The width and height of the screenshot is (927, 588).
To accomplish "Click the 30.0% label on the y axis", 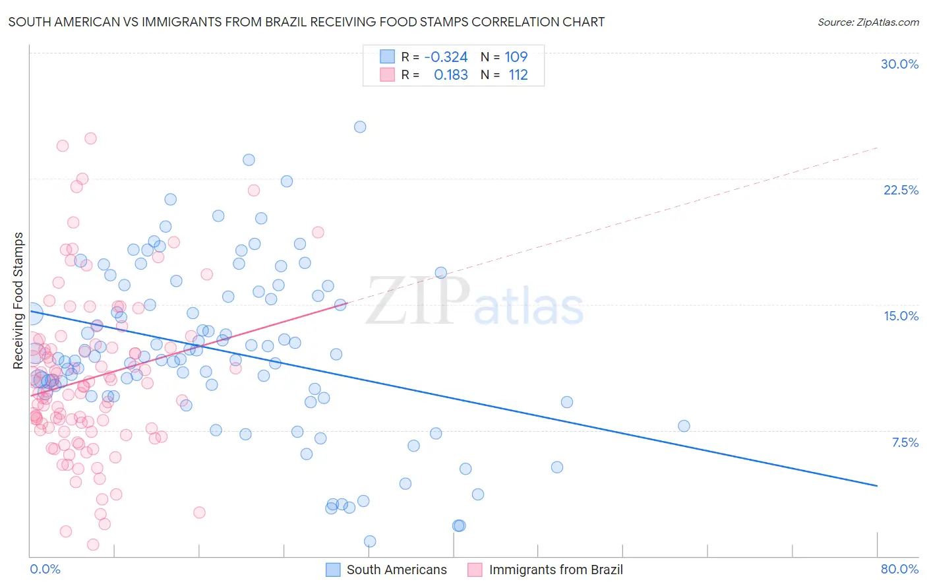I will pos(899,64).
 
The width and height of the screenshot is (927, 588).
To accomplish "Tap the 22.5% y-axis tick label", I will pos(901,190).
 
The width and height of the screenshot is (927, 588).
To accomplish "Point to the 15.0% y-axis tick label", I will pos(901,316).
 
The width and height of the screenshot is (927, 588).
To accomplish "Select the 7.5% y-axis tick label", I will pos(905,442).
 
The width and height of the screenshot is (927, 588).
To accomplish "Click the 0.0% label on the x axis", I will pos(45,569).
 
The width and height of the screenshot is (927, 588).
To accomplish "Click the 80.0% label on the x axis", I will pos(899,569).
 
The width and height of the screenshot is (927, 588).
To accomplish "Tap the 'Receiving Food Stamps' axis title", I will pos(18,301).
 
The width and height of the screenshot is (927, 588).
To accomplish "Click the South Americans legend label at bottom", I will pos(396,570).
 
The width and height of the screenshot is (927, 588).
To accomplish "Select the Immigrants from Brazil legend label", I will pos(555,570).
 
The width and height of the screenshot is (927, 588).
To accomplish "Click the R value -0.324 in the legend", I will pos(446,57).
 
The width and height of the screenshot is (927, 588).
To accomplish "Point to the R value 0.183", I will pos(451,75).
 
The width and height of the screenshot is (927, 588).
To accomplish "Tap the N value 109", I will pos(516,57).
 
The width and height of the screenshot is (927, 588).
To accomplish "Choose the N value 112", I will pos(518,75).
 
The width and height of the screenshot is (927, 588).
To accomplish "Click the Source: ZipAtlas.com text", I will pos(868,22).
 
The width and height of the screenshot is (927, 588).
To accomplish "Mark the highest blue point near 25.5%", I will pos(360,127).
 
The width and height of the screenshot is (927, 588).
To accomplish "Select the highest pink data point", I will pos(90,138).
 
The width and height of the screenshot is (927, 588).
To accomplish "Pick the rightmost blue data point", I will pos(684,426).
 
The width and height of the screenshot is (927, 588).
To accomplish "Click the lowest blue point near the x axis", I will pos(370,541).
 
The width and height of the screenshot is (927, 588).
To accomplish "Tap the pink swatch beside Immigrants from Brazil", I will pos(475,570).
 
